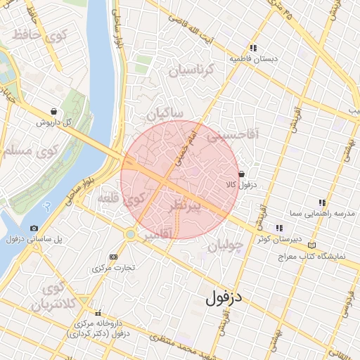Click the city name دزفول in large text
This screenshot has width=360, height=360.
coord(224,297)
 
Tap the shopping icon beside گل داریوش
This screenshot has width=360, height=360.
coord(54,111)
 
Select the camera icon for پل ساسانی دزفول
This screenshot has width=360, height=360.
coord(34,228)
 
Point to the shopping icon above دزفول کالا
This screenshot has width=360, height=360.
coord(241,173)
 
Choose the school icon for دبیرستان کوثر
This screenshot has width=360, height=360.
coord(279,228)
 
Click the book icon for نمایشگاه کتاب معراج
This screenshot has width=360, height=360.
coord(312,245)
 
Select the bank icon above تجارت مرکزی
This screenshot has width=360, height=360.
coord(114,257)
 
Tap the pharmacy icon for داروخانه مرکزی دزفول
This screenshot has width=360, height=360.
coord(98,312)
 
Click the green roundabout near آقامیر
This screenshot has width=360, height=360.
coord(131,233)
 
